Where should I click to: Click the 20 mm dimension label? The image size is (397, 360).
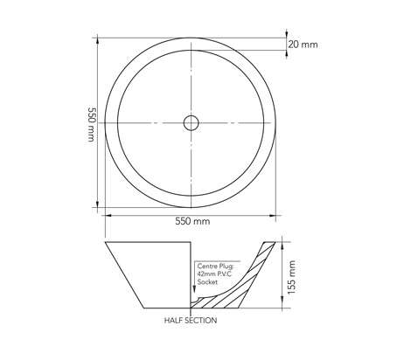303,45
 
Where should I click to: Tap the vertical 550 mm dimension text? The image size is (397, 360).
92,124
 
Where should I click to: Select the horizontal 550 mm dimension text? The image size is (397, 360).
192,221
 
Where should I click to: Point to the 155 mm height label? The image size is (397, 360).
291,277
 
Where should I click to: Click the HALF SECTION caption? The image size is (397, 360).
191,321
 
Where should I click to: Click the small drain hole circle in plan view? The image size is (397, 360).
192,123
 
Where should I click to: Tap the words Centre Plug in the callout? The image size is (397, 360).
215,266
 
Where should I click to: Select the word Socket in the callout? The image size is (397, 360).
207,282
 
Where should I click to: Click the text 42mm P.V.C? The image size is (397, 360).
214,273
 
